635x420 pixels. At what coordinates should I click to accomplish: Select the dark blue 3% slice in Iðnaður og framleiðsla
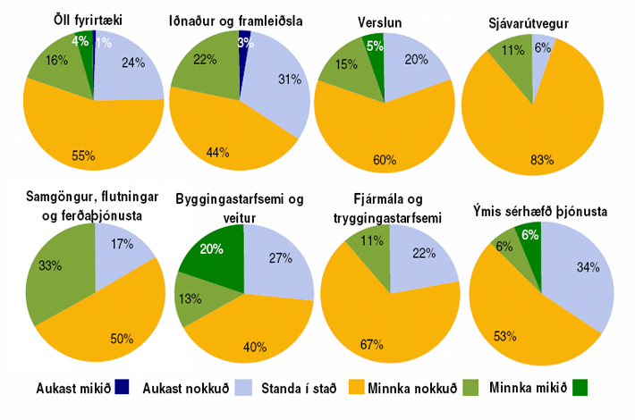(x=243, y=41)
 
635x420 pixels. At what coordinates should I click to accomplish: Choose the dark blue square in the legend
(x=123, y=388)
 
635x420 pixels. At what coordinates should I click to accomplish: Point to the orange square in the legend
(x=351, y=388)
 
